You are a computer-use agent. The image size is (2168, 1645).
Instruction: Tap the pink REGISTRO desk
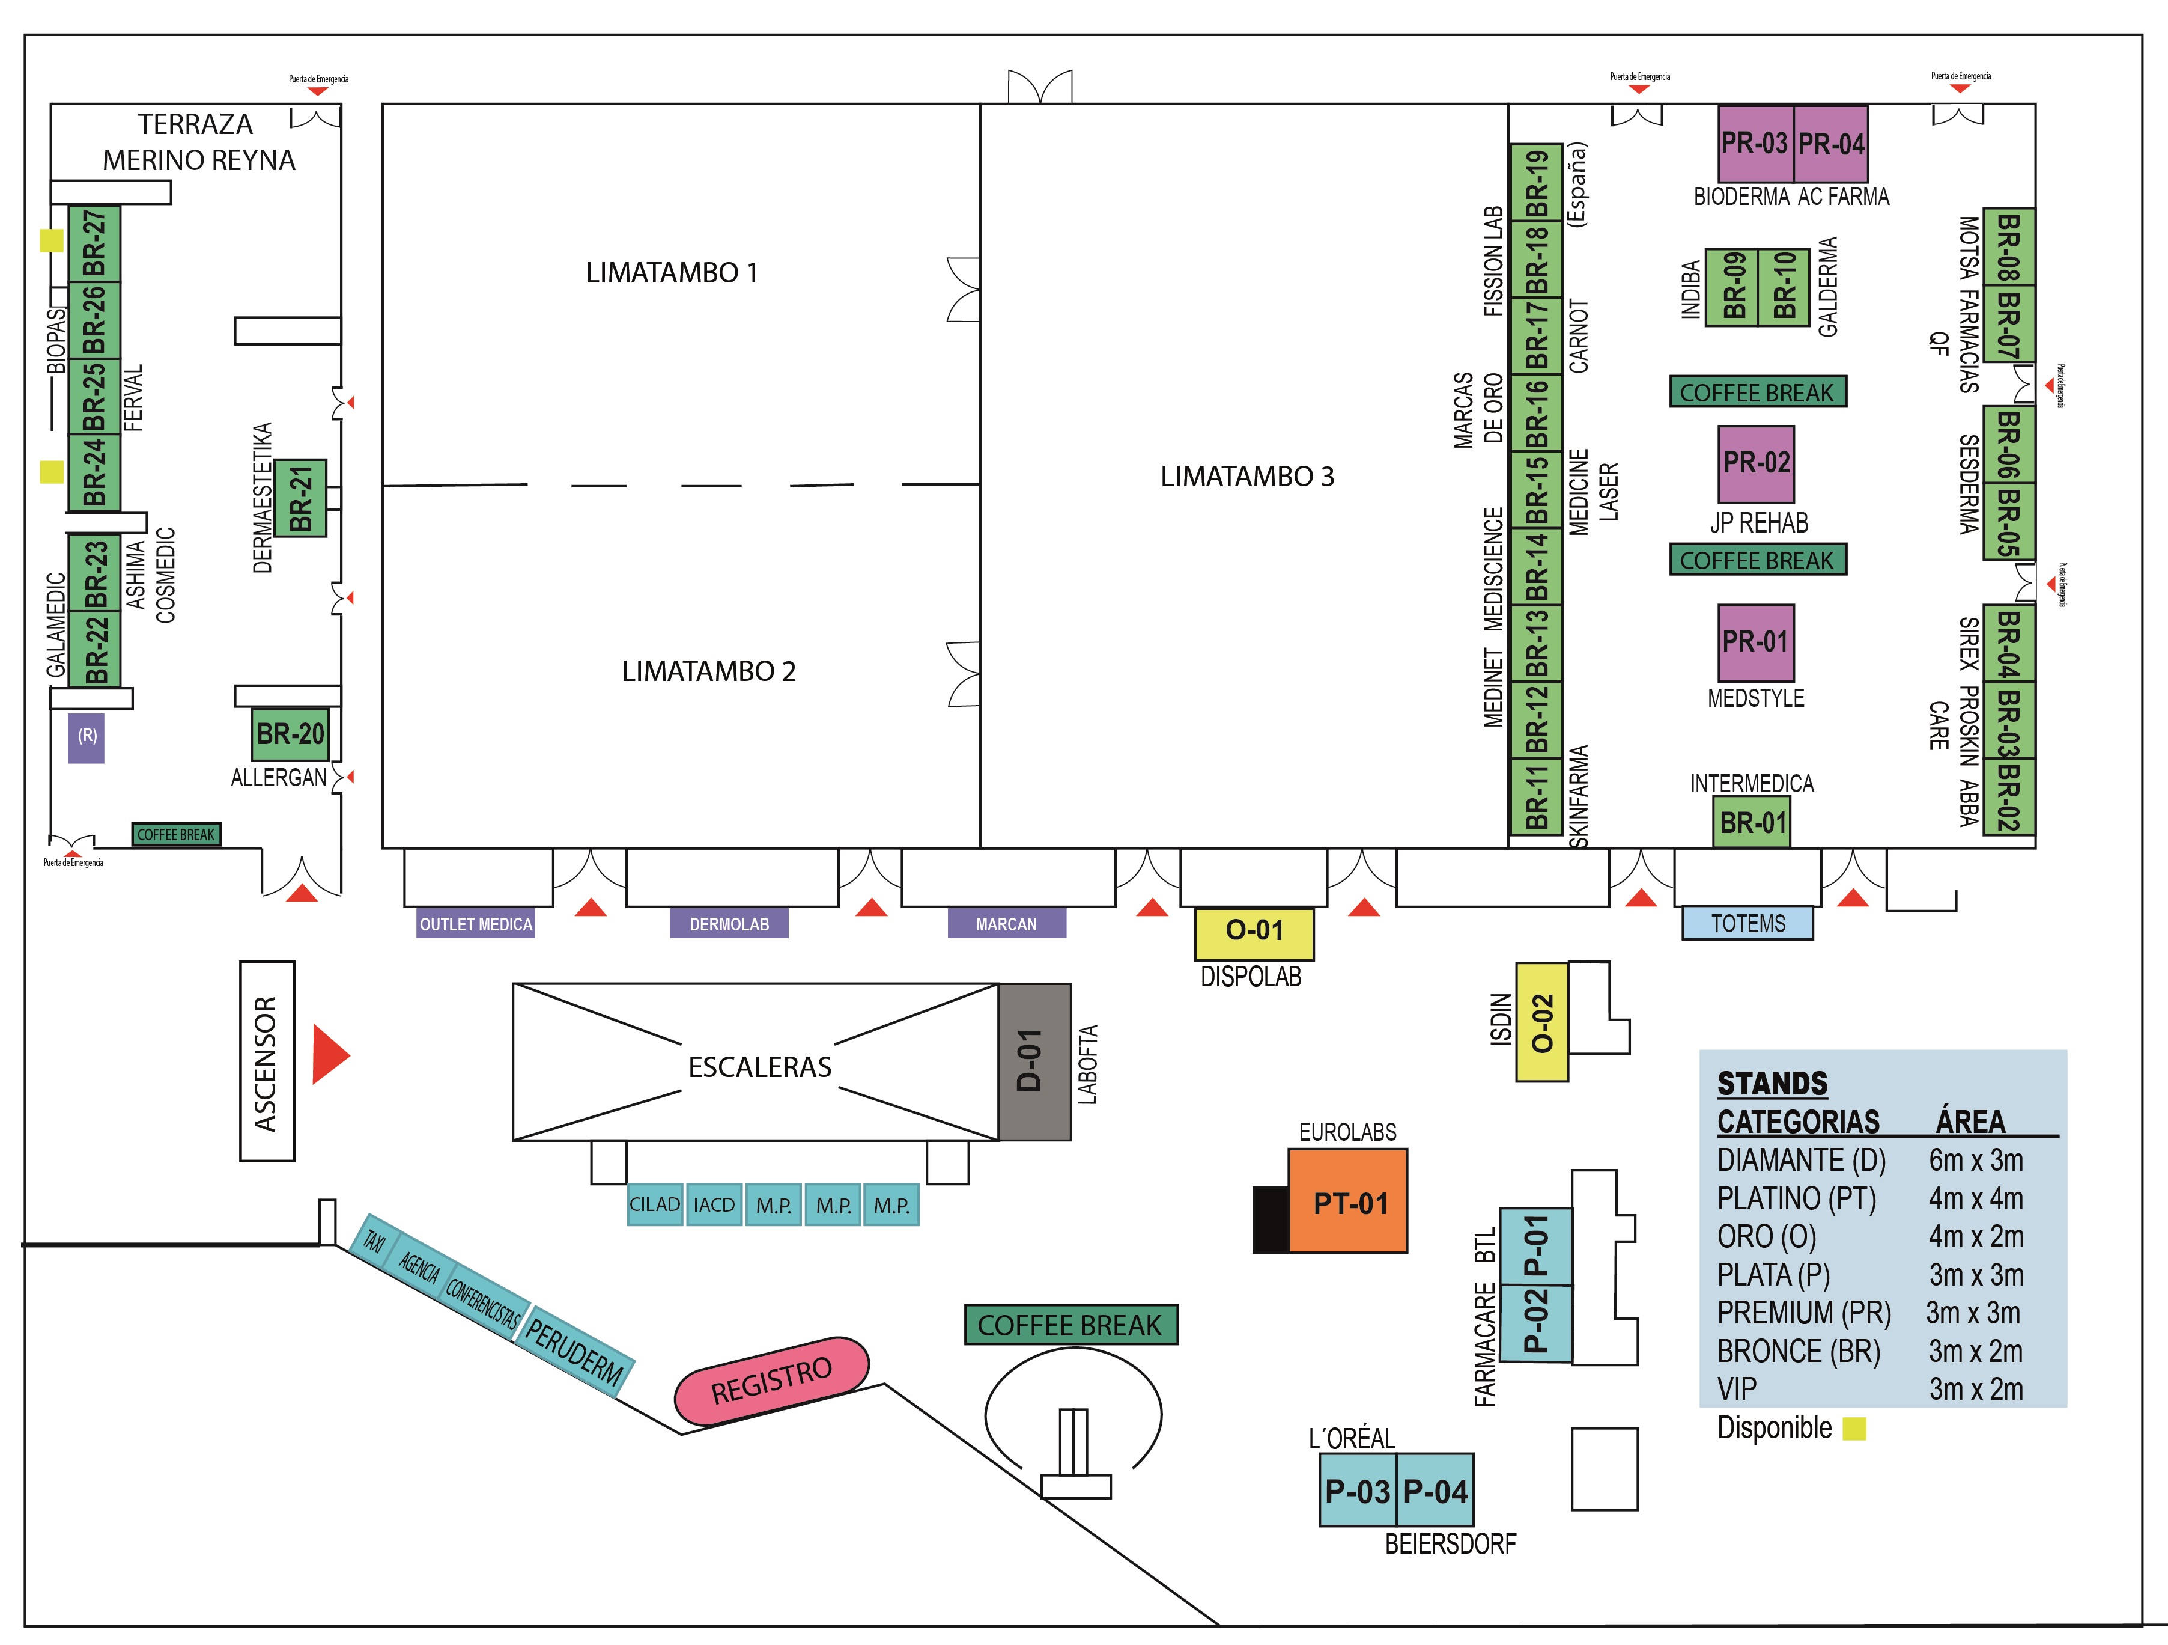point(771,1379)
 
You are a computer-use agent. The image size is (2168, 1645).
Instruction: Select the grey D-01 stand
point(1034,1061)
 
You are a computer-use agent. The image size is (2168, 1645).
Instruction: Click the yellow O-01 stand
point(1254,932)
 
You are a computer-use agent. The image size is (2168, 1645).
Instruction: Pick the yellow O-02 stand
point(1541,1022)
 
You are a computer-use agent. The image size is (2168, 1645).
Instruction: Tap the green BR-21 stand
point(300,498)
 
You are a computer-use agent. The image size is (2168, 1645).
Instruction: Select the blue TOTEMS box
point(1747,924)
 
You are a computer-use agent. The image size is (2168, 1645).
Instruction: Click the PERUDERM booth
point(575,1350)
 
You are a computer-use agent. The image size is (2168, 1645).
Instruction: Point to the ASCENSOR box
point(267,1061)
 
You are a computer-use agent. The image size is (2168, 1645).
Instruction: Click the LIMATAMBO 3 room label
point(1246,477)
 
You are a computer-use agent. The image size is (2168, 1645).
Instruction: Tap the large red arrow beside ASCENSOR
point(329,1055)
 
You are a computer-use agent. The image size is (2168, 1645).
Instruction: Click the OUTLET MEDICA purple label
point(475,924)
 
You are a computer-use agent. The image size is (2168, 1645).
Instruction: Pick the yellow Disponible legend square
point(1853,1429)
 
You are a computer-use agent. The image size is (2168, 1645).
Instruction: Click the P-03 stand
point(1358,1490)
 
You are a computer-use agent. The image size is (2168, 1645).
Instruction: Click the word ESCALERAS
point(759,1067)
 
